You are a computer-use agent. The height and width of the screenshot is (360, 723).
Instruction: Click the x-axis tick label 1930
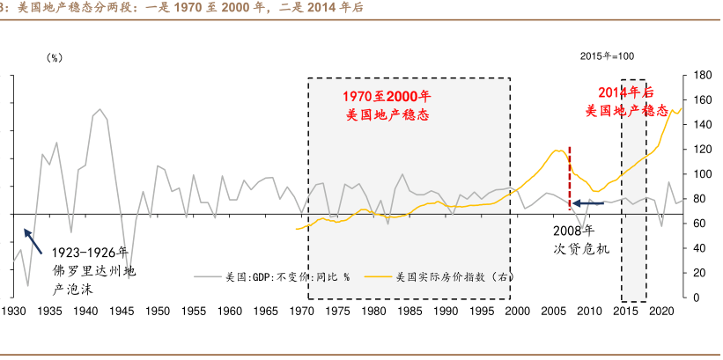tap(13, 311)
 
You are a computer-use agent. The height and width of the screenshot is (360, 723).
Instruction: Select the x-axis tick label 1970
tap(302, 311)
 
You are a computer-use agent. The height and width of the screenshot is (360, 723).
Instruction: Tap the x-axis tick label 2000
tap(518, 311)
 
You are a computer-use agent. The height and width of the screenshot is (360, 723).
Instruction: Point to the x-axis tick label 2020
tap(662, 311)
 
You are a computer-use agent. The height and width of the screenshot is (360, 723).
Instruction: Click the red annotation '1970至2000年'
tap(387, 96)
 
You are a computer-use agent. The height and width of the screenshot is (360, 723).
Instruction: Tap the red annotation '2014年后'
tap(626, 92)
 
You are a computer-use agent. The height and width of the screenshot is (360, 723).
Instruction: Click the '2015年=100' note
tap(607, 56)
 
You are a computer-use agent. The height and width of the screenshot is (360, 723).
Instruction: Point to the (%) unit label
tap(55, 57)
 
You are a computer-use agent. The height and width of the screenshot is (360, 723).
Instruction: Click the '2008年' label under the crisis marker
tap(574, 231)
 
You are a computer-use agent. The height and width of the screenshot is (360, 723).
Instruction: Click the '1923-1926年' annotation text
tap(89, 252)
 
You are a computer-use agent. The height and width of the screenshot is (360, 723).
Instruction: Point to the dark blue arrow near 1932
tap(32, 239)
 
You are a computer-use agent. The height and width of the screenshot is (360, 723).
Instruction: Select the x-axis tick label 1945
tap(122, 311)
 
